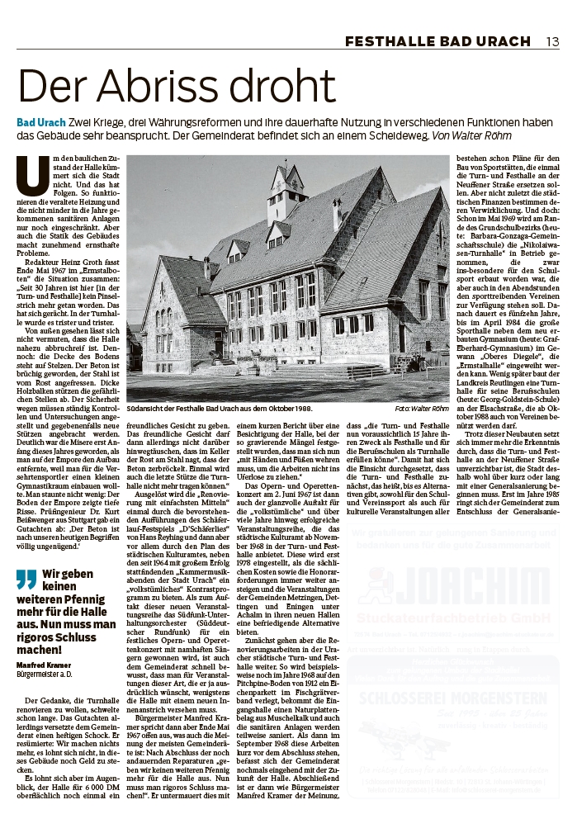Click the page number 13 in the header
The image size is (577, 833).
pos(552,41)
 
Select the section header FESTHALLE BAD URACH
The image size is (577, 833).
pos(438,41)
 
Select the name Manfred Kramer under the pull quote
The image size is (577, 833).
pos(46,665)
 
